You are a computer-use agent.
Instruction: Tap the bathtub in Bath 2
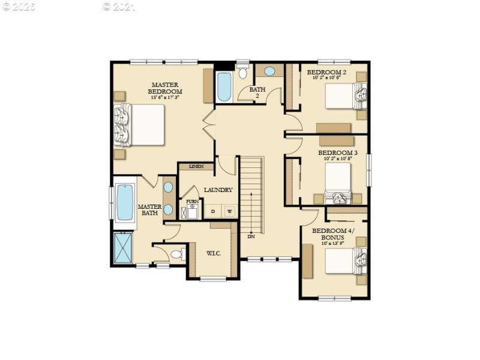(224, 87)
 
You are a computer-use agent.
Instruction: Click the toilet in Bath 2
(242, 73)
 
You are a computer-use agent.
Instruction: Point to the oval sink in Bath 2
(270, 71)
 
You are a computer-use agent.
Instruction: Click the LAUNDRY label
(218, 190)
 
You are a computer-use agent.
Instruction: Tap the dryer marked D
(212, 211)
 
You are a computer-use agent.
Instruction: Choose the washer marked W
(229, 211)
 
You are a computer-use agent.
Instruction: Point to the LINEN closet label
(196, 166)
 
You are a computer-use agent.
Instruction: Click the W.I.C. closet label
(213, 253)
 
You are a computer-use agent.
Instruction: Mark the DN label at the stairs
(250, 236)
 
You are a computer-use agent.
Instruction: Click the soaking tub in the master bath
(125, 203)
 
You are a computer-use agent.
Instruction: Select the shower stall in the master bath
(123, 247)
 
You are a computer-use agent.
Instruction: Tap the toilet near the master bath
(177, 254)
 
